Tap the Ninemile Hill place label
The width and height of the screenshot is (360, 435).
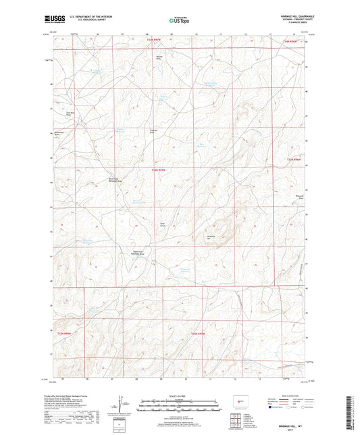pyautogui.click(x=209, y=237)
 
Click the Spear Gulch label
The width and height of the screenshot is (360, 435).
pyautogui.click(x=162, y=224)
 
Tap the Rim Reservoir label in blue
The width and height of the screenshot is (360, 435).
pyautogui.click(x=200, y=144)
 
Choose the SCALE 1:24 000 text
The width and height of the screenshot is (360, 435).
pyautogui.click(x=180, y=395)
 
